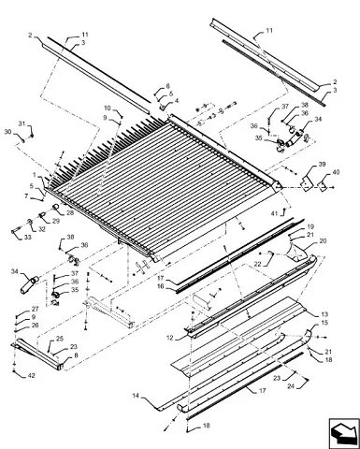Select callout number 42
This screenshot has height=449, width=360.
point(32,376)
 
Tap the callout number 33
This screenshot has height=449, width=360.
point(28,238)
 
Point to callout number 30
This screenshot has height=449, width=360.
point(7,132)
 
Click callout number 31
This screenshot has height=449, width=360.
point(22,123)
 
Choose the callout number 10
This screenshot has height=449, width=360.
point(108,109)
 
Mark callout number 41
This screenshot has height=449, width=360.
point(274,213)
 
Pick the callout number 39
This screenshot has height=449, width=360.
point(322,165)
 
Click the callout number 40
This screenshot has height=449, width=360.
point(336,172)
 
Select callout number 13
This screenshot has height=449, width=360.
point(324,314)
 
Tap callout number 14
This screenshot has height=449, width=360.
point(136,396)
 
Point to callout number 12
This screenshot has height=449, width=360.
point(169,338)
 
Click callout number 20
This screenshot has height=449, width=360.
point(323,241)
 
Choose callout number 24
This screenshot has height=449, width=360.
point(291,386)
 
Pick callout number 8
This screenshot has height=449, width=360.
point(76,355)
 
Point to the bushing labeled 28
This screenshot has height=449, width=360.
point(56,207)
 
